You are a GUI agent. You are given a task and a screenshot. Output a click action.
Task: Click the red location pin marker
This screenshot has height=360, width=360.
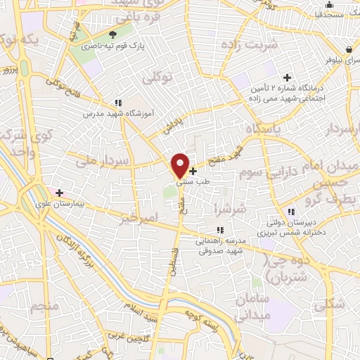180,165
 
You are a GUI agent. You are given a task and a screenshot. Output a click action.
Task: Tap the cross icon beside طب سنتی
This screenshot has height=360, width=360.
193,171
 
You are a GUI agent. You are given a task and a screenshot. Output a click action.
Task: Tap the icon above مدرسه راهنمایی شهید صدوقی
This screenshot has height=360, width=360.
220,230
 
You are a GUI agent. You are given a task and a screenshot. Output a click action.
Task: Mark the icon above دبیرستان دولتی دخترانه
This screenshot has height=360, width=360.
290,212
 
